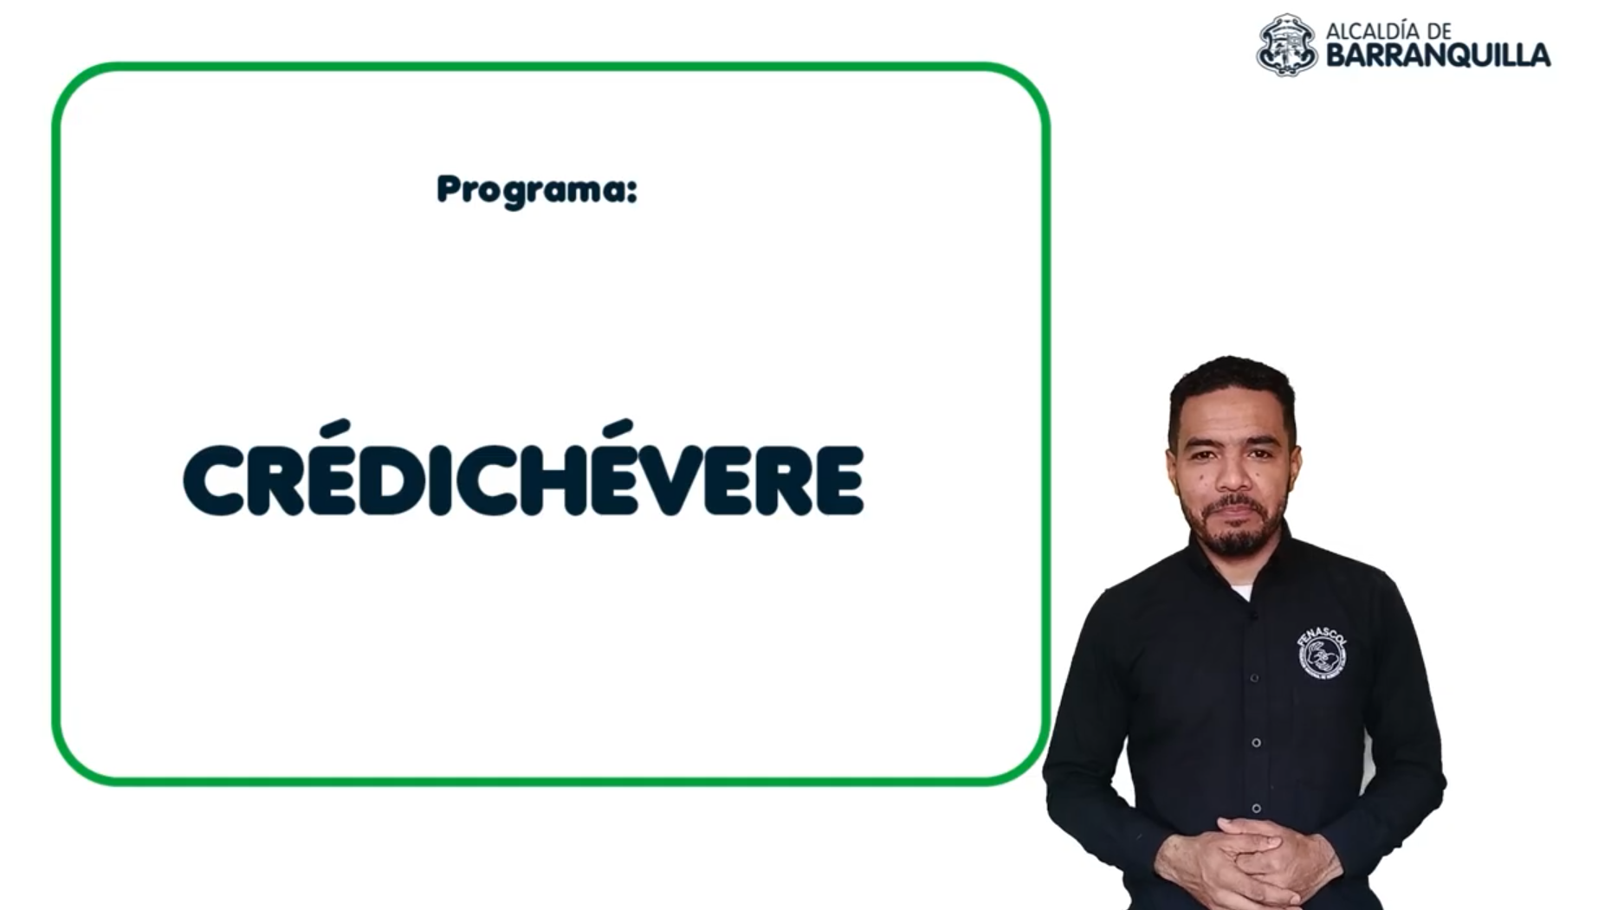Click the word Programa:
coord(537,190)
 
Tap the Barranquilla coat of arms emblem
coord(1287,45)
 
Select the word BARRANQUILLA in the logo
coord(1438,56)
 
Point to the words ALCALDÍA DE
coord(1388,31)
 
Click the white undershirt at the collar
coord(1241,592)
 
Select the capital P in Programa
coord(449,189)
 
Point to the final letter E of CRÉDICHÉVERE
coord(838,481)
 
